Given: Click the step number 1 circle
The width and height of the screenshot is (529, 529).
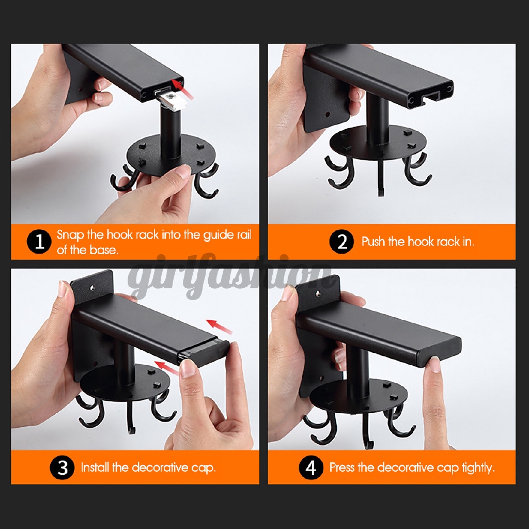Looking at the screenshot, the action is click(x=39, y=242).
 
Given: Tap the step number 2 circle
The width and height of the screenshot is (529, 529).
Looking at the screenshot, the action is click(x=342, y=242).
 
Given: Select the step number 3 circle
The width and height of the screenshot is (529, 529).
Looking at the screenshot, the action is click(x=63, y=468).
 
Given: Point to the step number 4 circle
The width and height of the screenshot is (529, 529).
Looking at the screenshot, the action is click(x=311, y=468).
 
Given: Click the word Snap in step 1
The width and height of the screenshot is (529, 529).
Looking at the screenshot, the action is click(x=70, y=235).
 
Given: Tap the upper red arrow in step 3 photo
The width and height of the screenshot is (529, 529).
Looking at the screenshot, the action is click(x=219, y=326).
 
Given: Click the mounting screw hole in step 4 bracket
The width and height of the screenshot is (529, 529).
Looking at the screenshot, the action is click(x=318, y=293).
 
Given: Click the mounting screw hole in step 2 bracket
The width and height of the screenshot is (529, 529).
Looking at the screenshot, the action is click(x=327, y=114).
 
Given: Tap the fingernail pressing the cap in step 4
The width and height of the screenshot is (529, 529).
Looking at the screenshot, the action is click(x=435, y=365).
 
